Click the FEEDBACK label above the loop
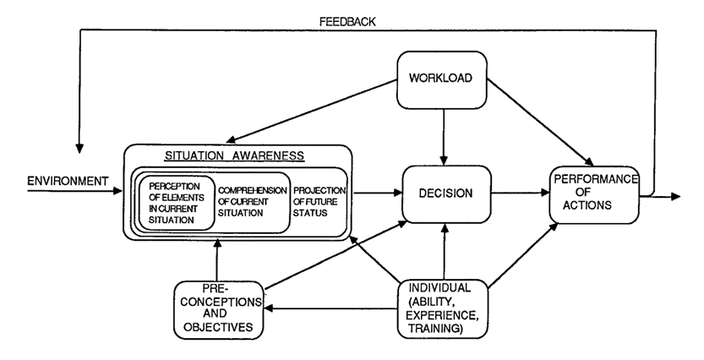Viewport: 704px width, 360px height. (x=347, y=21)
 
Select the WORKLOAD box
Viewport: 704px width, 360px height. (x=442, y=80)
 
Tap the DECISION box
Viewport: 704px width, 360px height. (x=446, y=194)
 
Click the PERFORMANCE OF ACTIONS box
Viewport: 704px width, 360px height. (x=594, y=195)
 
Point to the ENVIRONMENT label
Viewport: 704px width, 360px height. (x=68, y=182)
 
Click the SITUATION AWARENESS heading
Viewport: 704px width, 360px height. (x=234, y=155)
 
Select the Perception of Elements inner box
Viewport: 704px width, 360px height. (x=177, y=203)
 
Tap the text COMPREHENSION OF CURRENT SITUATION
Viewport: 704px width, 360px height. (x=253, y=202)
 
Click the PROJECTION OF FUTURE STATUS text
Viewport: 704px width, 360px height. (x=319, y=201)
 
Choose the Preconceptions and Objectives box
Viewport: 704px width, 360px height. (x=219, y=310)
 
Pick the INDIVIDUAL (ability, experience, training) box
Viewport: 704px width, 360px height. (x=443, y=308)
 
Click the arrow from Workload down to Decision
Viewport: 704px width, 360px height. (x=444, y=137)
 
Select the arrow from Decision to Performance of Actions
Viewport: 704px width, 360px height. (x=521, y=193)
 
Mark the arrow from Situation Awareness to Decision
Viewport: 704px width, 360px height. (x=378, y=193)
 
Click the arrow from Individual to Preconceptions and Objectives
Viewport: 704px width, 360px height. (x=331, y=308)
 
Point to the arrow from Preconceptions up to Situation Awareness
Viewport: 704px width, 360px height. (x=217, y=260)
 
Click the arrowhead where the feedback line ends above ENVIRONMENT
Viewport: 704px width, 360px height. (x=79, y=149)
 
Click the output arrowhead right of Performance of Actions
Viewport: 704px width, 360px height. (x=676, y=196)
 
